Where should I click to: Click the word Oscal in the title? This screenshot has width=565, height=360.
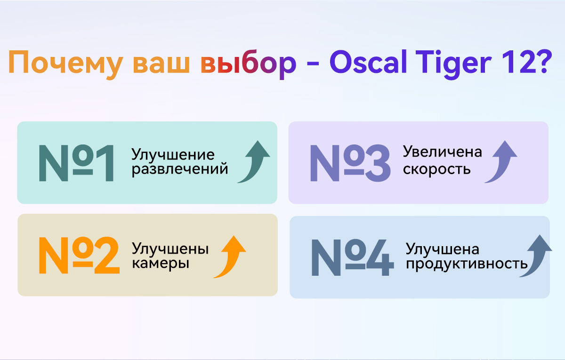tap(368, 62)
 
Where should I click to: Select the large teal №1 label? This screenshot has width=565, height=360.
tap(76, 163)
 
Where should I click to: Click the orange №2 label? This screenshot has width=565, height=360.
tap(79, 255)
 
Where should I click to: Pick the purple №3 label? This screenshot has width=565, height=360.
tap(350, 163)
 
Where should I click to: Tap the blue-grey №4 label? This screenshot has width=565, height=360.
tap(353, 257)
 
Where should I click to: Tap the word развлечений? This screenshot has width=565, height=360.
tap(180, 169)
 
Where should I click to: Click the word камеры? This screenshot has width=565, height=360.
tap(161, 264)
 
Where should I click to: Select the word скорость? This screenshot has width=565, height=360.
tap(436, 169)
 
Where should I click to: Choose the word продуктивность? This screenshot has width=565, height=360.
tap(467, 264)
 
